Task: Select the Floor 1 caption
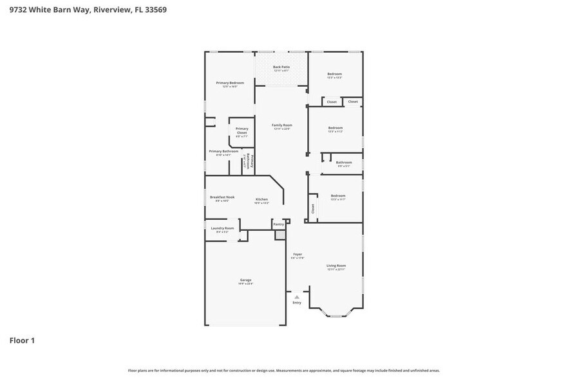(x=22, y=340)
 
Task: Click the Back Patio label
(x=281, y=67)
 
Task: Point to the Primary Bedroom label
(x=230, y=83)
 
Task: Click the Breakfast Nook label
(x=222, y=197)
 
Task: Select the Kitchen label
(x=261, y=200)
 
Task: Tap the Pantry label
(x=278, y=224)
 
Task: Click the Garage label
(x=245, y=280)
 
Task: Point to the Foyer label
(x=298, y=255)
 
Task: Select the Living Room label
(x=336, y=265)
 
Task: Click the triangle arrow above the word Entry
(x=297, y=297)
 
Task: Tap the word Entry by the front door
(x=297, y=303)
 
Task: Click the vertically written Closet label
(x=313, y=208)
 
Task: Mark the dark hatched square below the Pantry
(x=280, y=235)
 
